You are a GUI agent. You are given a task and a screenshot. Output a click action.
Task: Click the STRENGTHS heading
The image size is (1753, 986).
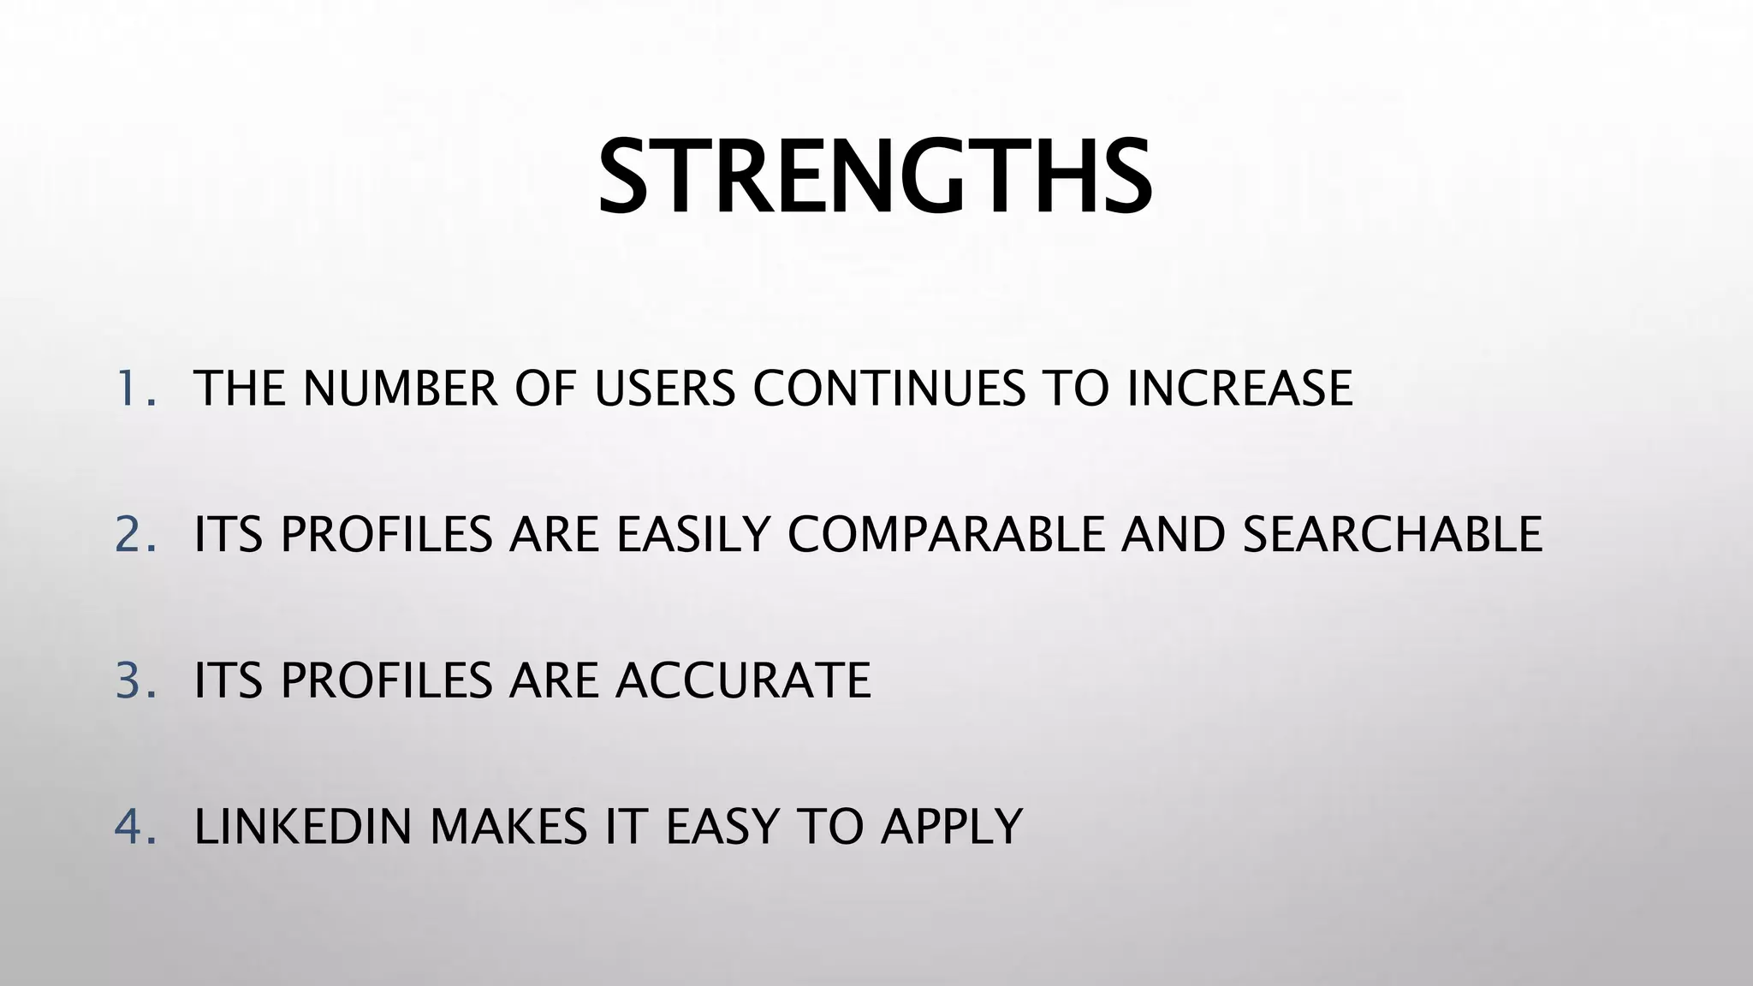click(875, 178)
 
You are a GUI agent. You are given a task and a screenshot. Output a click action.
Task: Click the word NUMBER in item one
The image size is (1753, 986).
click(400, 388)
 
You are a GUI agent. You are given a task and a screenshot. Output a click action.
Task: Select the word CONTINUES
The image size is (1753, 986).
click(888, 388)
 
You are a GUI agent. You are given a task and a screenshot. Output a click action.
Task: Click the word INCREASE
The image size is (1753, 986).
click(1239, 388)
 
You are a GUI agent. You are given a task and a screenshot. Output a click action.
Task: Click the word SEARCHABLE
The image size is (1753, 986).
click(1392, 534)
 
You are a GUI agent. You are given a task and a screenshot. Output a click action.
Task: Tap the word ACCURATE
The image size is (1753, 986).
click(743, 680)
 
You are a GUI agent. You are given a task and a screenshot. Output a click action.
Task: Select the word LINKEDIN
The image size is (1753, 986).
click(303, 827)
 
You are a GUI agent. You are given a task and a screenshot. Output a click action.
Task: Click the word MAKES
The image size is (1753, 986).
click(508, 827)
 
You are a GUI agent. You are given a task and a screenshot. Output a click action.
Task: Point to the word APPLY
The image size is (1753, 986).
click(952, 827)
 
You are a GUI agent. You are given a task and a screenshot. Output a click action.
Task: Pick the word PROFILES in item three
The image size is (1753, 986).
click(386, 680)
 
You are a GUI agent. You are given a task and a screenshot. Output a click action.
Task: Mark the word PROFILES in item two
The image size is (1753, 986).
click(386, 534)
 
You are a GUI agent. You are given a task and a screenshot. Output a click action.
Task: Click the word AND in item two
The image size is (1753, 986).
click(1173, 534)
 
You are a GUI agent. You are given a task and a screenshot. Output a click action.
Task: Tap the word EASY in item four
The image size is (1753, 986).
click(722, 827)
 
